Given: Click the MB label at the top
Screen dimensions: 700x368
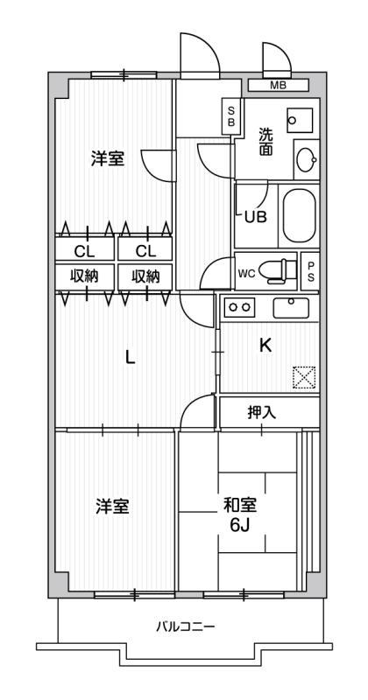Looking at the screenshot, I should pos(278,85).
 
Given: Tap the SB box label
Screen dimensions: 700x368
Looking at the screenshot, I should pos(231,116).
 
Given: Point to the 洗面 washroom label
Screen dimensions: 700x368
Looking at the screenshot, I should pos(266,142).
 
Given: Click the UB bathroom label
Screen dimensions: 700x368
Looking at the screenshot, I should pos(256,217).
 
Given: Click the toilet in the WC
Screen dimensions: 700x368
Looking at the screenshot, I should pos(279,270).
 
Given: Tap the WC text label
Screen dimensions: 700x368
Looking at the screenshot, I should pos(246,272).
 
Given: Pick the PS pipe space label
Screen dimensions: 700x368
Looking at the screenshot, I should pos(310,270).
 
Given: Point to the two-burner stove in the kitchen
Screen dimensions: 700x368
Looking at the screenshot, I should pos(239,307).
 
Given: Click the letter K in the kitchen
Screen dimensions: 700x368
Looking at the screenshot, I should pos(265,346).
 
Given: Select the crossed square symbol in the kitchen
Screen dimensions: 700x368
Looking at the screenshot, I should pos(304,377).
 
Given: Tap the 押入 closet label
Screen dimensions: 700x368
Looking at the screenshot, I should pos(261,412).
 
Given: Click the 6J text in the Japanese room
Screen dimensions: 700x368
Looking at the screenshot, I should pos(237,525).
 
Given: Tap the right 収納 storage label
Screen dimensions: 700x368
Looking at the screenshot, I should pos(145,276).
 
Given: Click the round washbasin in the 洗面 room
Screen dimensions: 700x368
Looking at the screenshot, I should pos(306,161).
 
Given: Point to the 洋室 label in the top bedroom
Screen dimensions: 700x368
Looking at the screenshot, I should pos(108,158).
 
